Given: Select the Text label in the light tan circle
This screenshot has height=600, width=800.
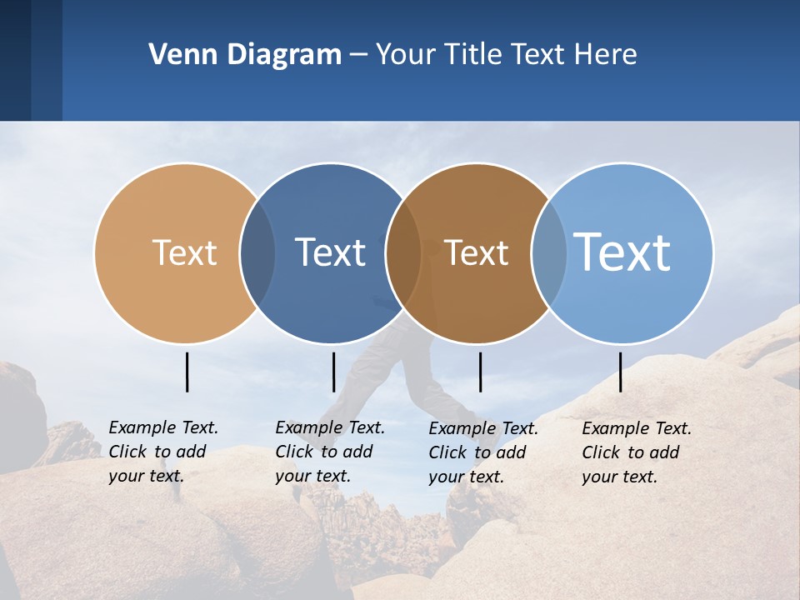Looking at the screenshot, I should (x=184, y=252).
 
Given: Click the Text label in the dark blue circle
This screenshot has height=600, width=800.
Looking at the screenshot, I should (x=330, y=252).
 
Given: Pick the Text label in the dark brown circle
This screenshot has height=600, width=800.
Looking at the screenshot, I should (x=476, y=252).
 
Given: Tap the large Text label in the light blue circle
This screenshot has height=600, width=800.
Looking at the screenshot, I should (x=622, y=252).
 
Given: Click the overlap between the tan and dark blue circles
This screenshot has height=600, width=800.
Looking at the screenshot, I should (x=257, y=252).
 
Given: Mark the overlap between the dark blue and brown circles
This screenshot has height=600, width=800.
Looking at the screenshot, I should (x=403, y=252).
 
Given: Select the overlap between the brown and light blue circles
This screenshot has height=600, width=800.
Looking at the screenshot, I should (x=549, y=252).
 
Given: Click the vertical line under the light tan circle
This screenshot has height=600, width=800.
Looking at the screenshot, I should (x=187, y=372).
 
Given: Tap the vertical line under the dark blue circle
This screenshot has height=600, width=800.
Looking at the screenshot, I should (x=333, y=372).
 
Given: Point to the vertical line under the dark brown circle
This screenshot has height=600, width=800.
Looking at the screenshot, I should (x=480, y=372).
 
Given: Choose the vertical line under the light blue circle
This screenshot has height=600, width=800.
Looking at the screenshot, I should (x=620, y=372).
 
